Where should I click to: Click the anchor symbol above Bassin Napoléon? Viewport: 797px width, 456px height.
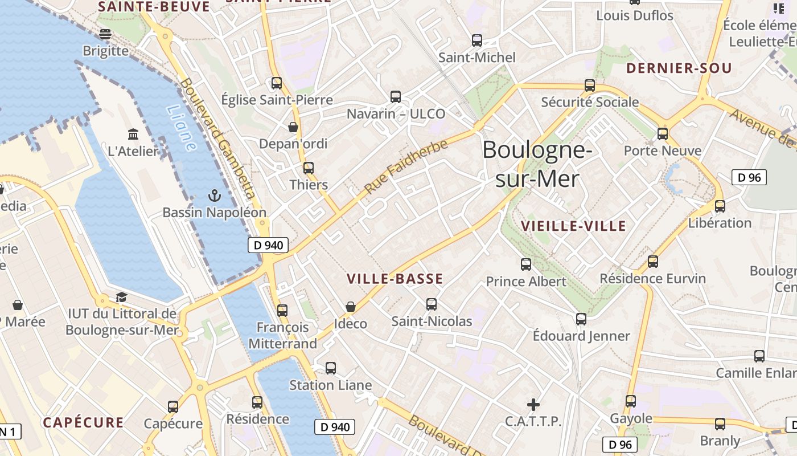pos(214,196)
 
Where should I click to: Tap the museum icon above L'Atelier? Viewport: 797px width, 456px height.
pos(133,135)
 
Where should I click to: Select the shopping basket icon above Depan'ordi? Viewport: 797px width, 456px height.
pos(293,127)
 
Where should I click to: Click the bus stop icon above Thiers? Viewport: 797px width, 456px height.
pos(309,168)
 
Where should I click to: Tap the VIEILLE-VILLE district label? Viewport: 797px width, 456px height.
pos(573,226)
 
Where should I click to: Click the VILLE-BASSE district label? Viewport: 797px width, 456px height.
pos(395,279)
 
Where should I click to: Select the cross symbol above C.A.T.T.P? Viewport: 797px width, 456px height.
pos(533,405)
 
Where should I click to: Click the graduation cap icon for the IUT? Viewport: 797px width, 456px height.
pos(121,297)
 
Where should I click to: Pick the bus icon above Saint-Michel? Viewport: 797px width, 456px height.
pos(477,40)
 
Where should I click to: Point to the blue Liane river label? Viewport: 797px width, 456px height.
pos(182,128)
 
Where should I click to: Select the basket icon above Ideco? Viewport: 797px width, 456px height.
pos(351,307)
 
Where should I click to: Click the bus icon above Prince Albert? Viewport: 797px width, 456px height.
pos(526,264)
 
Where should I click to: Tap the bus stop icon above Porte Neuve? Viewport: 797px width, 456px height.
pos(663,134)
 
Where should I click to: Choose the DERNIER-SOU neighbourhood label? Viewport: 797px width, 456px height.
pos(679,69)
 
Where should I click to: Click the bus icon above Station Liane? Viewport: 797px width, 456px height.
pos(331,368)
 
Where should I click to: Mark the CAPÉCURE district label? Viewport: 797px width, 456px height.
pos(83,422)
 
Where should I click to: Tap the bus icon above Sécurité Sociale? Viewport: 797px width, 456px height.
pos(590,85)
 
